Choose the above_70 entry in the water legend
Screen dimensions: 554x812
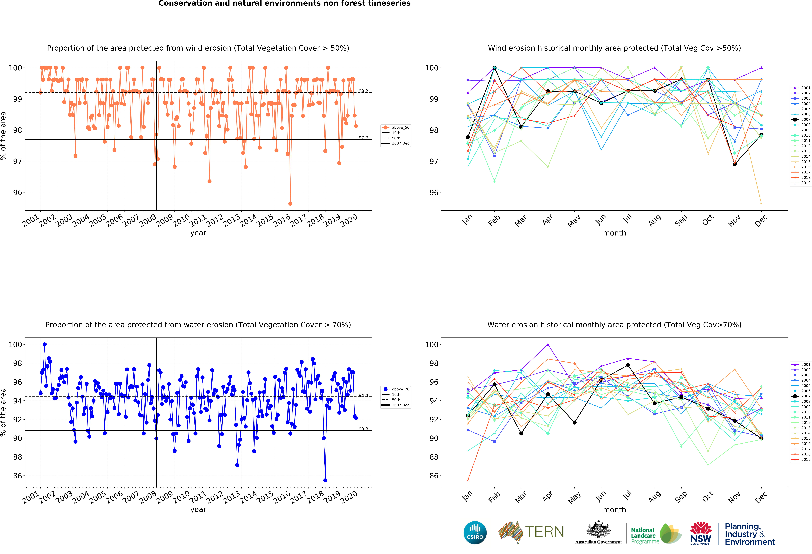point(400,389)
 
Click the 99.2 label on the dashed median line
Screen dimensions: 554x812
point(363,91)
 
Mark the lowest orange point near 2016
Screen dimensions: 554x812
point(290,204)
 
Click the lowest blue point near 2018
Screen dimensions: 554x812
point(325,480)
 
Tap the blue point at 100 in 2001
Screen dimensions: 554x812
point(45,345)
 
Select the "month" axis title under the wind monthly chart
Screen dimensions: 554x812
point(614,233)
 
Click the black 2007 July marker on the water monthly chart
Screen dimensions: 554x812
point(628,365)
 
